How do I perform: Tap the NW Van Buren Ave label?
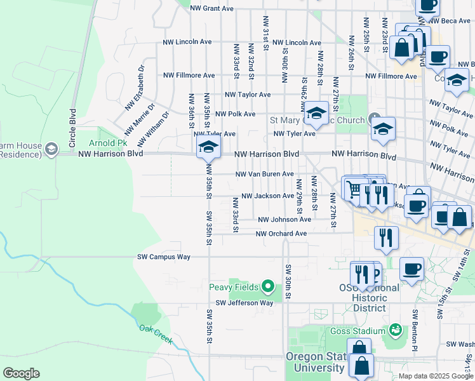[x=264, y=174]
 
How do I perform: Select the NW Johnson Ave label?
[x=284, y=220]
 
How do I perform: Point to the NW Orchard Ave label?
[x=281, y=234]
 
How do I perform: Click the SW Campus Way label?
[x=164, y=257]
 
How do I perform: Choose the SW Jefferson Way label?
[x=244, y=304]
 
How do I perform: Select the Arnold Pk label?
[x=104, y=143]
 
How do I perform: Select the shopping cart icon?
[x=354, y=188]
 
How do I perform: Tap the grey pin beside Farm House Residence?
[x=50, y=149]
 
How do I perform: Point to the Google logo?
[x=21, y=373]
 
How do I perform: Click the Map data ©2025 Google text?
[x=435, y=376]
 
